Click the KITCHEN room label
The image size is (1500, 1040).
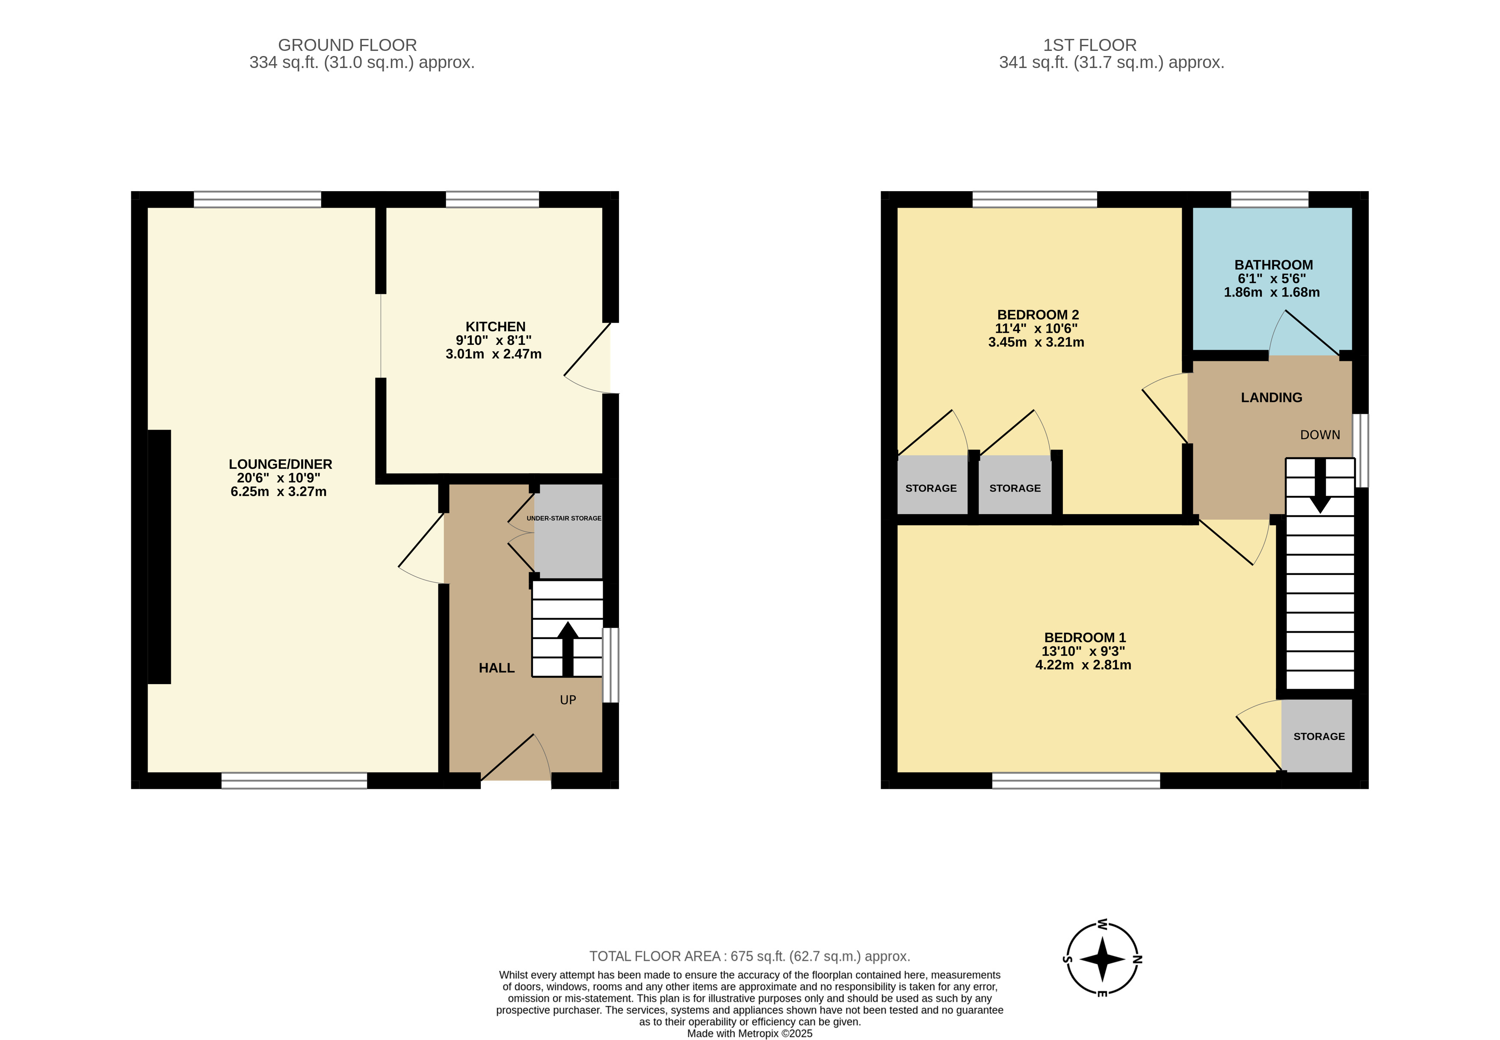(495, 326)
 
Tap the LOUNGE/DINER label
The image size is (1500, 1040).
(280, 464)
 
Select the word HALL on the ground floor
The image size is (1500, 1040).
(496, 668)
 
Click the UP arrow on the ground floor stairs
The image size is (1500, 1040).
(567, 649)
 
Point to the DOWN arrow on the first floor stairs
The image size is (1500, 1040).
(1320, 486)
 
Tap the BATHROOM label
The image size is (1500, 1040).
(1273, 264)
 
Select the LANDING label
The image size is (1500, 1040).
(1271, 397)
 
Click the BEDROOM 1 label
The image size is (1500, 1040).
(1084, 637)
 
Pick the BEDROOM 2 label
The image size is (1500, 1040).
(1038, 315)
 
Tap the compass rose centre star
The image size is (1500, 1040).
(1102, 959)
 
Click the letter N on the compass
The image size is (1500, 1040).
(1137, 959)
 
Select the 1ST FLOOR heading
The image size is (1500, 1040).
(1090, 45)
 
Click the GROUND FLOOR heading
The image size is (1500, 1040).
(347, 45)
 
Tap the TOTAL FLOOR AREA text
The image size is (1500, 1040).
(750, 956)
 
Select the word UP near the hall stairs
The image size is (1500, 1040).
(568, 700)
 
